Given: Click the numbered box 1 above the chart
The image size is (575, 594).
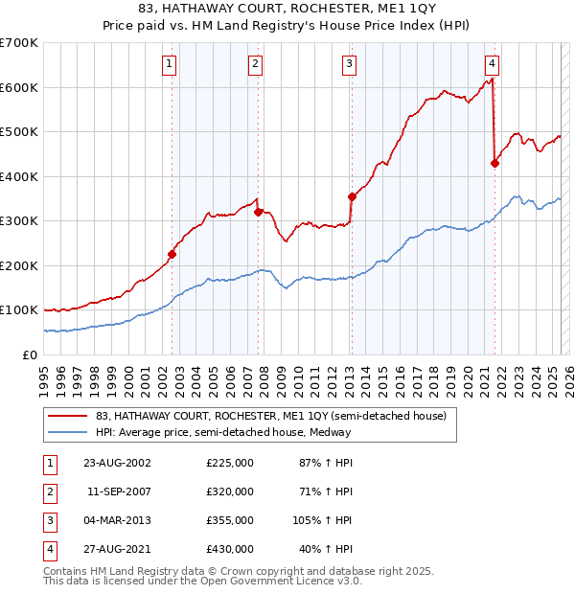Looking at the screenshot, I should point(169,64).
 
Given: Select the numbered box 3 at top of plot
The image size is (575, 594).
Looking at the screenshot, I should point(348,64).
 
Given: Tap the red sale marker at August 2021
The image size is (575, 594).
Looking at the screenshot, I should point(495,163).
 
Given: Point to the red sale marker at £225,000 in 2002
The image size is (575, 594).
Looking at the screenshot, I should point(172,254).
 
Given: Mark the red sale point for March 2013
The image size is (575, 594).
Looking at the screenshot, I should point(352,196).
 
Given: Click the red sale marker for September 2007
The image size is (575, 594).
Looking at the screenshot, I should point(259,212).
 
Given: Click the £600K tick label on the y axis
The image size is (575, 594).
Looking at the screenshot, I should point(18,87).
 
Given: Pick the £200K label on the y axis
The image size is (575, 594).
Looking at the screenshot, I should point(18,265).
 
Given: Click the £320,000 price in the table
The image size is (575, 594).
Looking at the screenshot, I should point(230,491).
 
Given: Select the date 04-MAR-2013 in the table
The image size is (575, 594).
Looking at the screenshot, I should point(117,520).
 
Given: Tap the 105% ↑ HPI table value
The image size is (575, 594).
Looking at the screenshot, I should point(323,520).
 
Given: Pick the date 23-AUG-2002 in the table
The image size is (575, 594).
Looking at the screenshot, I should point(117,463).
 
